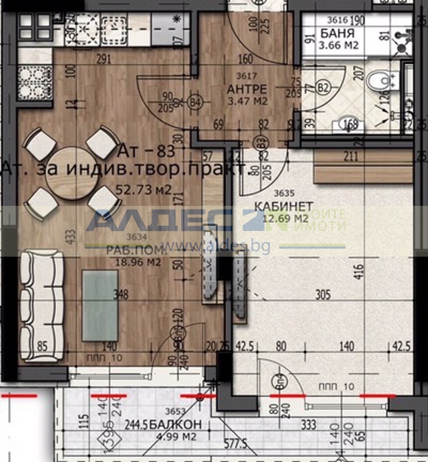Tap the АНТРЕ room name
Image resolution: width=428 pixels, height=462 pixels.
tap(246, 89)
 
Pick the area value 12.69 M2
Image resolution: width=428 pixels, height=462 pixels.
tap(286, 218)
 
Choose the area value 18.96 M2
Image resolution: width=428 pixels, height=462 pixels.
tap(139, 262)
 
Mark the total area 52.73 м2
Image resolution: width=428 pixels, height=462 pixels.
tap(143, 189)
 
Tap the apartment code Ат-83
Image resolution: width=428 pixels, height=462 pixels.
tap(147, 152)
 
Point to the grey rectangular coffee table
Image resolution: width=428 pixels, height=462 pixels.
tap(100, 305)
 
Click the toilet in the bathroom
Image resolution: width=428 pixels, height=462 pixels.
tap(380, 81)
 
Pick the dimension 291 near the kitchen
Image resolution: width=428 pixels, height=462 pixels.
tap(104, 60)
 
